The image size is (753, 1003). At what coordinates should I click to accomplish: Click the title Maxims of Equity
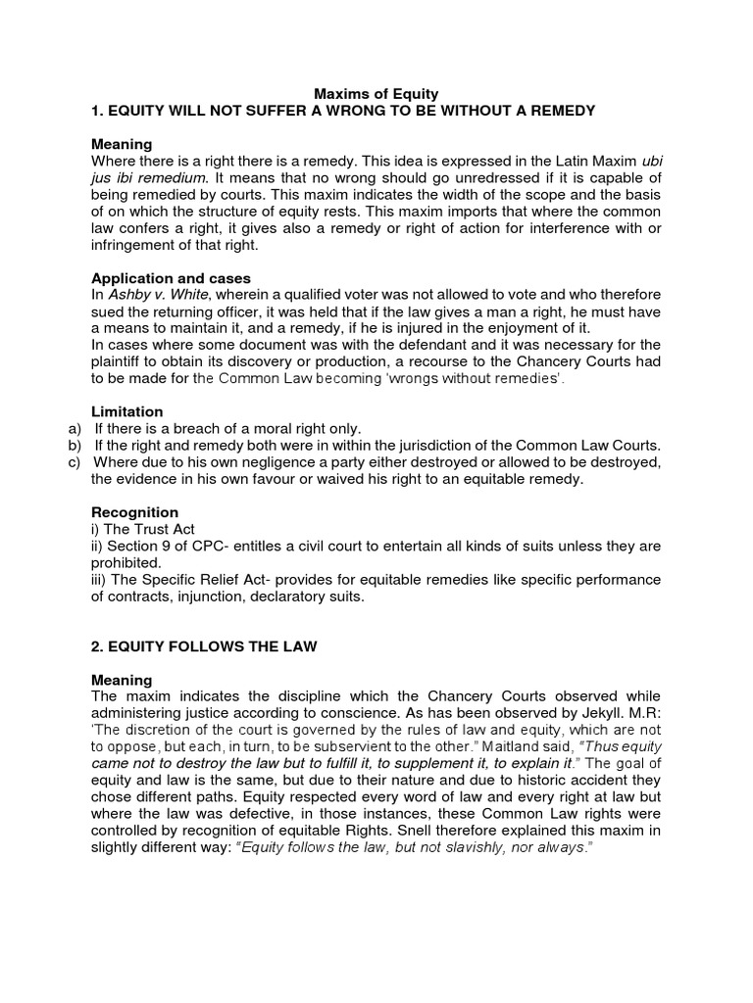click(x=376, y=94)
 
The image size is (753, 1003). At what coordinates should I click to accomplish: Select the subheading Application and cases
click(x=171, y=278)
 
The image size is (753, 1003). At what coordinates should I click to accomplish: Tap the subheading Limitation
click(x=127, y=411)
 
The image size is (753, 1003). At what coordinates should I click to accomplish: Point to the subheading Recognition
click(x=134, y=512)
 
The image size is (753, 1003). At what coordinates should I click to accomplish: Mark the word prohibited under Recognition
click(x=127, y=562)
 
